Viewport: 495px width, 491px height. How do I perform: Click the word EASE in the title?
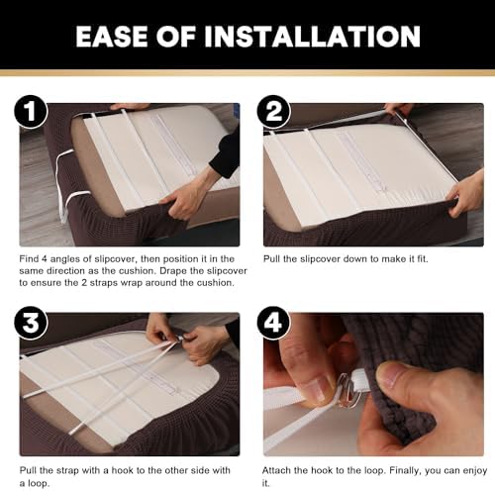pos(112,37)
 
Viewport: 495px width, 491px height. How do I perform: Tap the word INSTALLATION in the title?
pos(312,37)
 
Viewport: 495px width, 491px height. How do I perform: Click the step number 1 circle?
pos(31,112)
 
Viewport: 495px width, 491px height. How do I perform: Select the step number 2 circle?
pos(273,112)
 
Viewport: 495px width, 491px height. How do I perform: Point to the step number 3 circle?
pos(31,323)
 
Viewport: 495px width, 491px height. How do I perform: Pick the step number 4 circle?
pos(273,323)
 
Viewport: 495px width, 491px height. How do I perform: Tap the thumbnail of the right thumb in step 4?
pos(389,373)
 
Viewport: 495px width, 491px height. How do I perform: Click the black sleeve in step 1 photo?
pos(226,151)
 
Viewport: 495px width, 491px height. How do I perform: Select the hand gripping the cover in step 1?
pos(186,195)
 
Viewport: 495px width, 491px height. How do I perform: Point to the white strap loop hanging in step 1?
pos(67,185)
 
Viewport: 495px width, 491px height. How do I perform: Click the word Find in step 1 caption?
pos(29,259)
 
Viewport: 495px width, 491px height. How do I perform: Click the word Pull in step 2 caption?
pos(271,259)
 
